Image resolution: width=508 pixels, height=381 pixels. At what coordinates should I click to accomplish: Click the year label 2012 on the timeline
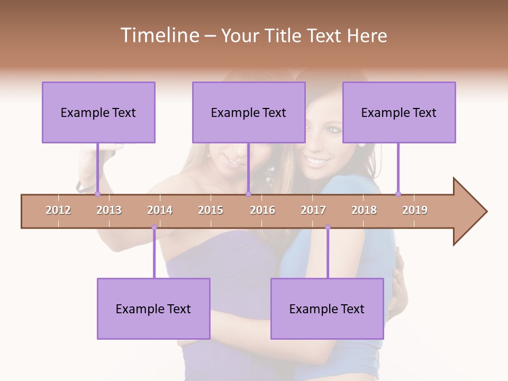tap(58, 210)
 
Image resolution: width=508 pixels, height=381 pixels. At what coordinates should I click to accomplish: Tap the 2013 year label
tap(109, 210)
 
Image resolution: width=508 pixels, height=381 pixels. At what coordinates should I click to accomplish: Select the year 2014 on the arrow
tap(160, 210)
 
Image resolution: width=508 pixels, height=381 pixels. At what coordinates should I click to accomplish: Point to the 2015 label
tap(211, 210)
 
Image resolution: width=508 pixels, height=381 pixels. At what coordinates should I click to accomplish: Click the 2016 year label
tap(262, 210)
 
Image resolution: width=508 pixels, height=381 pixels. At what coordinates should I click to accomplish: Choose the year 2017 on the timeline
tap(313, 210)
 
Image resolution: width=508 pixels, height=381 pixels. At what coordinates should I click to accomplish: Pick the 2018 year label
tap(364, 210)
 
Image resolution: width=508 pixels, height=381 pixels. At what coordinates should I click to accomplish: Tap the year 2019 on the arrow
tap(415, 210)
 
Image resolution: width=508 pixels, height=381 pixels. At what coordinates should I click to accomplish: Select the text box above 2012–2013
tap(98, 112)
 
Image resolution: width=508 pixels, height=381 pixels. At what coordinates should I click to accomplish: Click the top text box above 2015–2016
tap(249, 112)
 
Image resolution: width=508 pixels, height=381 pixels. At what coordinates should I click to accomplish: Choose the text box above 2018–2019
tap(399, 112)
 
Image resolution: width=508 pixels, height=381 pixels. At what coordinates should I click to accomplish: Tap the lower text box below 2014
tap(153, 309)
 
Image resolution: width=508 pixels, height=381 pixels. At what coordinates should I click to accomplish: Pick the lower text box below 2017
tap(327, 309)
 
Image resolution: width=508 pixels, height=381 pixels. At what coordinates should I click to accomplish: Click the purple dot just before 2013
tap(97, 194)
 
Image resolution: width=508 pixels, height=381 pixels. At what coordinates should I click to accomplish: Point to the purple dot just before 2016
tap(248, 194)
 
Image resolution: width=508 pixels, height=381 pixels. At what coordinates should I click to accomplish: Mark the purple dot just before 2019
tap(398, 194)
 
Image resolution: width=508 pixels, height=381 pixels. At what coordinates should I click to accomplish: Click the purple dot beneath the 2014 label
tap(154, 228)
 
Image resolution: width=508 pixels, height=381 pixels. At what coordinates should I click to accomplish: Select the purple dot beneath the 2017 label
tap(328, 228)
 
